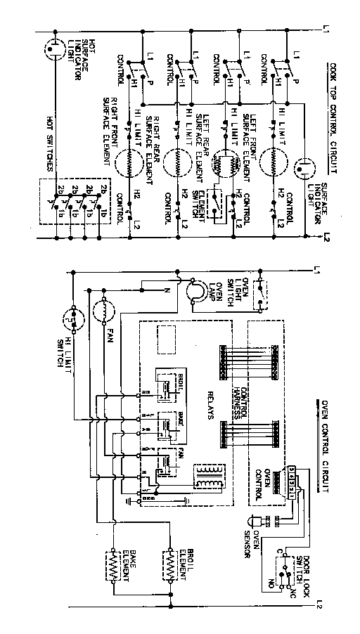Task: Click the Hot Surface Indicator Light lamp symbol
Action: click(x=54, y=49)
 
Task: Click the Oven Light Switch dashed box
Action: click(x=261, y=289)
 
